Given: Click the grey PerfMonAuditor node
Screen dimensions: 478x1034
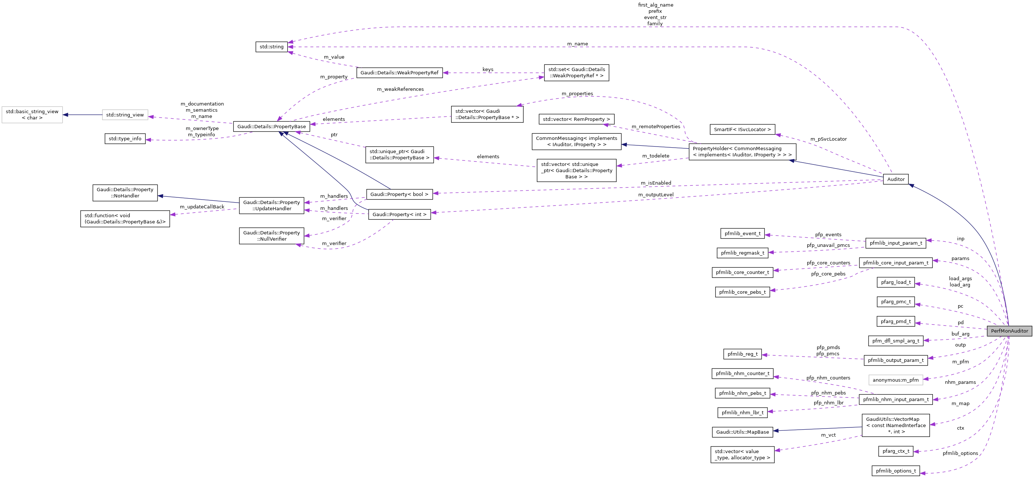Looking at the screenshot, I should (1009, 331).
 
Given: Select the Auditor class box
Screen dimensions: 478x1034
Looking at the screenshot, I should (895, 179).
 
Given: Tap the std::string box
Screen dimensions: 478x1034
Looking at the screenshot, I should (272, 47).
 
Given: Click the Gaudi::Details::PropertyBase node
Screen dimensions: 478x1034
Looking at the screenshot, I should (272, 126).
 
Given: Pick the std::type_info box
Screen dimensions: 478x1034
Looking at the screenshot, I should (125, 138).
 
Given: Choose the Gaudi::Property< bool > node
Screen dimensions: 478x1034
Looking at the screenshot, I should (399, 194).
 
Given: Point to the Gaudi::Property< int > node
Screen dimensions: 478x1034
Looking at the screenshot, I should (399, 214).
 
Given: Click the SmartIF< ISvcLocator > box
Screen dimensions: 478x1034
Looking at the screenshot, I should (742, 130).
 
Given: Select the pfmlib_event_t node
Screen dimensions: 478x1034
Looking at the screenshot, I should (742, 233).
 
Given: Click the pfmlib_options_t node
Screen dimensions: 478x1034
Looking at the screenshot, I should (895, 470).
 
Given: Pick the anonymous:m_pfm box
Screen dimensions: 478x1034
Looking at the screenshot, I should (895, 380).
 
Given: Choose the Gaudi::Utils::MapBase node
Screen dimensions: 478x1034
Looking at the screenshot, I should (742, 432).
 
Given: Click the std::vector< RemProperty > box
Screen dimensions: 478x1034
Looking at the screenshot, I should (576, 119).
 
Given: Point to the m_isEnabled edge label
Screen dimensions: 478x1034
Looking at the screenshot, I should (656, 183).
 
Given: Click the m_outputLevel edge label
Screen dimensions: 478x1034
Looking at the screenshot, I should (656, 194).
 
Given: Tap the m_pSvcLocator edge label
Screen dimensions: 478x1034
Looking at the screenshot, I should (828, 139).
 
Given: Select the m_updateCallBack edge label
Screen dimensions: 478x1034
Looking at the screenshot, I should (202, 207).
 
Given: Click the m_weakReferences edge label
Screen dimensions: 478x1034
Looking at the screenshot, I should (400, 89).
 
